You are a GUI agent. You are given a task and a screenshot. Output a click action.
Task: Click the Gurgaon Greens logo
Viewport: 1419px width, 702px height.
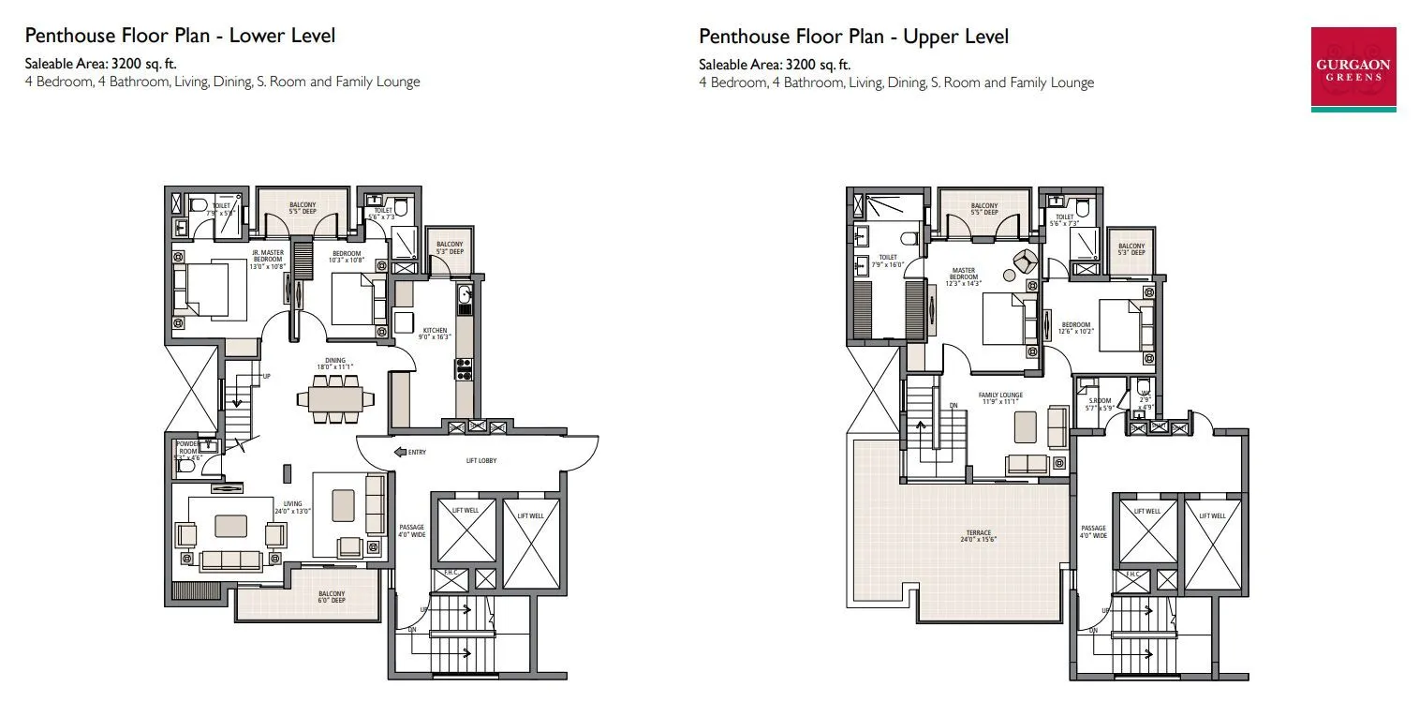click(x=1354, y=69)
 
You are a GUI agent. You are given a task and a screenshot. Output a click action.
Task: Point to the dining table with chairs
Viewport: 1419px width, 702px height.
click(x=335, y=397)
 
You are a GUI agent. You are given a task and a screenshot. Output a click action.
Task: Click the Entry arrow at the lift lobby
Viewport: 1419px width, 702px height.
click(x=400, y=452)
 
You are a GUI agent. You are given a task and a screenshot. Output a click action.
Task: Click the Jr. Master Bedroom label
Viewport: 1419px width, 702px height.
click(x=267, y=255)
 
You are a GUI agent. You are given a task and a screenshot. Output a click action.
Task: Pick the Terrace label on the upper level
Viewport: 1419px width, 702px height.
click(x=980, y=535)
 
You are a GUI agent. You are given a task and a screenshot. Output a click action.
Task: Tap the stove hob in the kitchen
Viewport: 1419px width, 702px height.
click(x=464, y=368)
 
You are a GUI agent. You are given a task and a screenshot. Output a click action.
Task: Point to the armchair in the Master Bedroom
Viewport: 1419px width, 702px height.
click(x=1025, y=261)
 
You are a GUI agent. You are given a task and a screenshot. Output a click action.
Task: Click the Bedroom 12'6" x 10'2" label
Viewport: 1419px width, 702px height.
click(x=1075, y=329)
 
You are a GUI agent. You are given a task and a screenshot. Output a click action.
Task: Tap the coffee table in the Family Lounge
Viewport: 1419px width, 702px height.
click(x=1025, y=427)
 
